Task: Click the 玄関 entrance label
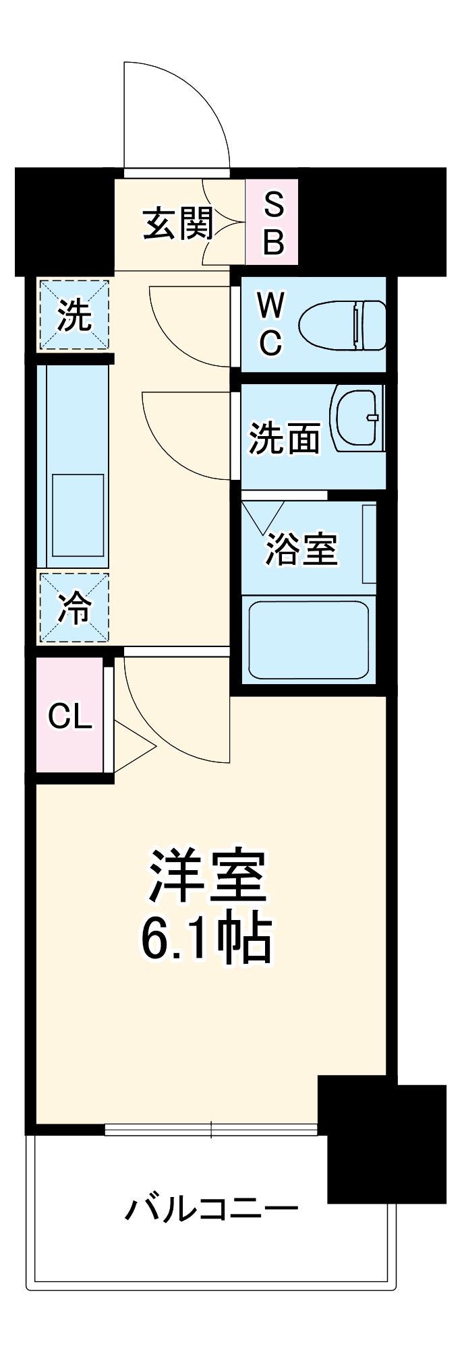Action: click(x=177, y=224)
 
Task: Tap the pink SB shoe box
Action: click(x=273, y=222)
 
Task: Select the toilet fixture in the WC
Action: click(x=342, y=326)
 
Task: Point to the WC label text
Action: click(x=270, y=324)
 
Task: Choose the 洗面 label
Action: click(x=284, y=439)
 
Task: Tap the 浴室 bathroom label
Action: click(x=301, y=549)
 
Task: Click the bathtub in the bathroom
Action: click(x=308, y=640)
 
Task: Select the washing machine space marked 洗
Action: click(x=74, y=315)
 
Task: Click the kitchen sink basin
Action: click(x=78, y=515)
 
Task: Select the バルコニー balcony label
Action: click(x=211, y=1208)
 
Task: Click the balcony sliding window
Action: click(x=211, y=1129)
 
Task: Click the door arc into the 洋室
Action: click(x=169, y=721)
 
